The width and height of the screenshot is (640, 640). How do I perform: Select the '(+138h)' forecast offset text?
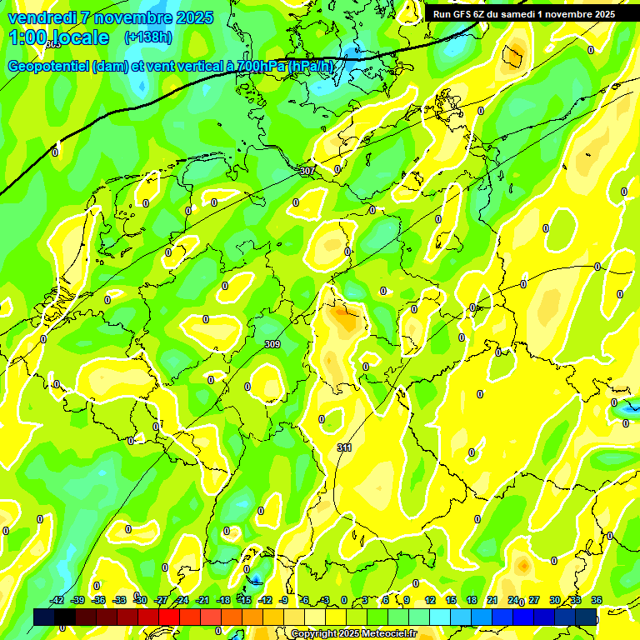click(147, 37)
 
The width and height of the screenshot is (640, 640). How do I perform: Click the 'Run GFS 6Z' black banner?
click(523, 14)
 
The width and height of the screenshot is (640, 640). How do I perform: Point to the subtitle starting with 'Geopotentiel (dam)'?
click(171, 67)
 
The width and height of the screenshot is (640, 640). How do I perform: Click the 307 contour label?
click(307, 171)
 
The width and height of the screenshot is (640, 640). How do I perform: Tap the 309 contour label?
click(272, 344)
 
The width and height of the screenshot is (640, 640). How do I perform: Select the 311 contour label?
click(344, 448)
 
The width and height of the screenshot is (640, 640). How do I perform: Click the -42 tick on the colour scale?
click(57, 600)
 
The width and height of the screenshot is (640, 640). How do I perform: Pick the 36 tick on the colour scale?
click(597, 600)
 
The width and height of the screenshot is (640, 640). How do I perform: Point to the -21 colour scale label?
click(202, 600)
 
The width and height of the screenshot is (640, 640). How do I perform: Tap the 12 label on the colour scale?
click(430, 600)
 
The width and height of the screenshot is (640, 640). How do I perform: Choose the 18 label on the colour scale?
click(472, 600)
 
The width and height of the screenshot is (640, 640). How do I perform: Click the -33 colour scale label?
click(119, 600)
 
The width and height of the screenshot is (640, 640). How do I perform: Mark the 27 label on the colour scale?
click(534, 600)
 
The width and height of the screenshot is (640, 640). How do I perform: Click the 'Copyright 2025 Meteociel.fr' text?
click(354, 634)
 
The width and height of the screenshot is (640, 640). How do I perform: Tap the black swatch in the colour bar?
click(65, 617)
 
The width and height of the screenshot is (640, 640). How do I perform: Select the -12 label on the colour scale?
click(265, 600)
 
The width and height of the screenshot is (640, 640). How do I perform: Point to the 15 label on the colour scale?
click(451, 600)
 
